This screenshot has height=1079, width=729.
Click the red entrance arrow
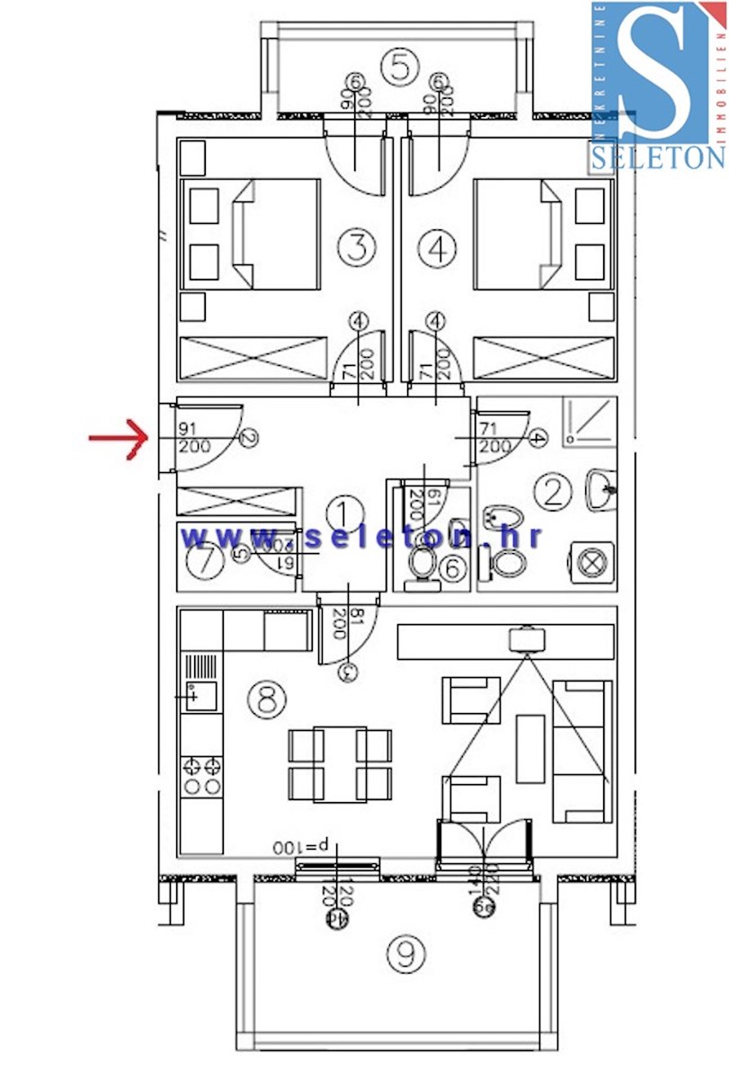tap(118, 438)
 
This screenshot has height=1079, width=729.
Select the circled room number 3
tap(357, 247)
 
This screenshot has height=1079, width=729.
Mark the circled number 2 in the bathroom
tap(552, 491)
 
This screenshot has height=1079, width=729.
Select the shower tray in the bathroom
tap(590, 421)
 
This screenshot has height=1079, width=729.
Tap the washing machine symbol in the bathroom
tap(591, 564)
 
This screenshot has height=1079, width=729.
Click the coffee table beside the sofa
tap(530, 748)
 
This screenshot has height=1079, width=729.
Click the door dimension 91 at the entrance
tap(188, 429)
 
